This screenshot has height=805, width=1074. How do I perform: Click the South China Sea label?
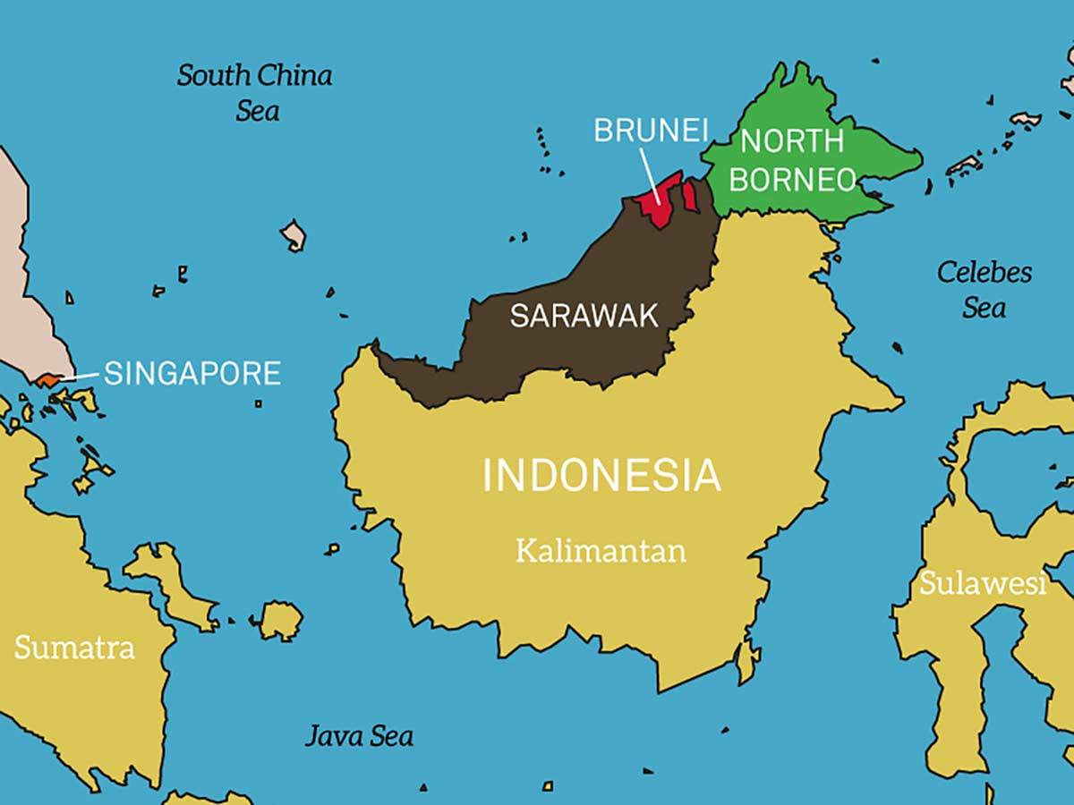[255, 92]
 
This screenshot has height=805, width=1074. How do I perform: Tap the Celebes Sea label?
[984, 289]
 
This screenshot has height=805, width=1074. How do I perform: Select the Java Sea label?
[360, 735]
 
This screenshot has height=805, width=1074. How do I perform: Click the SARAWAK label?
[584, 315]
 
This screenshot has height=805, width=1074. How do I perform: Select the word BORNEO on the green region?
[792, 179]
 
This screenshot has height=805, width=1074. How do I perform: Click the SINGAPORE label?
[192, 373]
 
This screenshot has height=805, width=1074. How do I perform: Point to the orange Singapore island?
[47, 381]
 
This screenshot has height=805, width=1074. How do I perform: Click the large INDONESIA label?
[601, 475]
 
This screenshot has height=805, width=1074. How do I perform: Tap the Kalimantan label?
[601, 550]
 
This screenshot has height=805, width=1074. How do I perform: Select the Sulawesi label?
[983, 584]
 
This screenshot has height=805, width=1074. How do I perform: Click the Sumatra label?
[74, 647]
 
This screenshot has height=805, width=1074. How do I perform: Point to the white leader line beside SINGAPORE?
[80, 377]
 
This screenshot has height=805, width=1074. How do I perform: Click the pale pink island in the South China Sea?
[294, 235]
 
